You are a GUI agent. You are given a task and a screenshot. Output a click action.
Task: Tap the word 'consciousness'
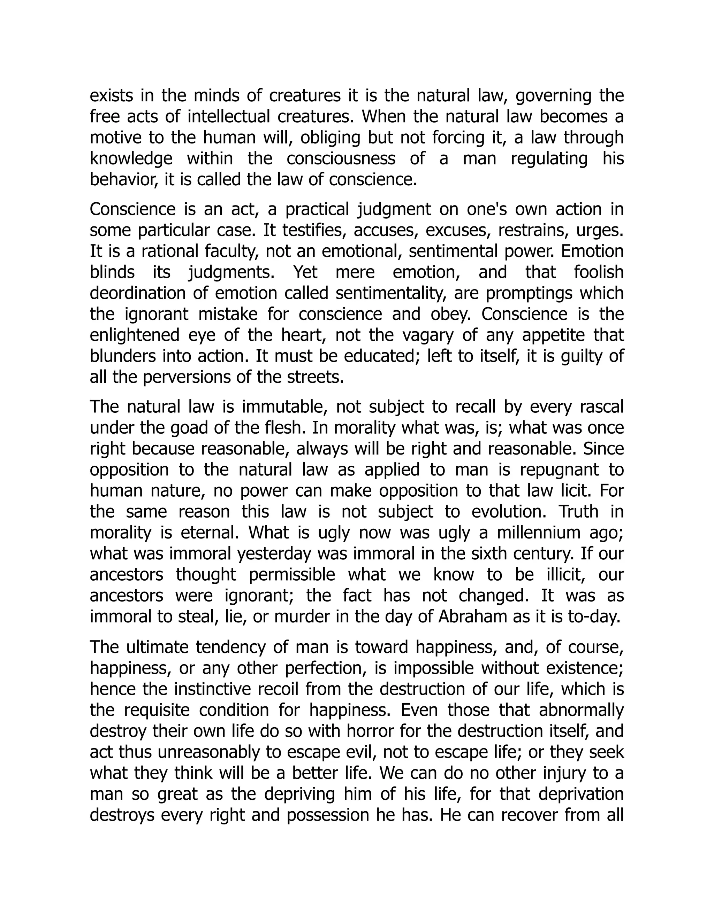coord(341,159)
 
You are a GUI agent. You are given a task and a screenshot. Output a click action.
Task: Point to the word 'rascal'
coord(601,407)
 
